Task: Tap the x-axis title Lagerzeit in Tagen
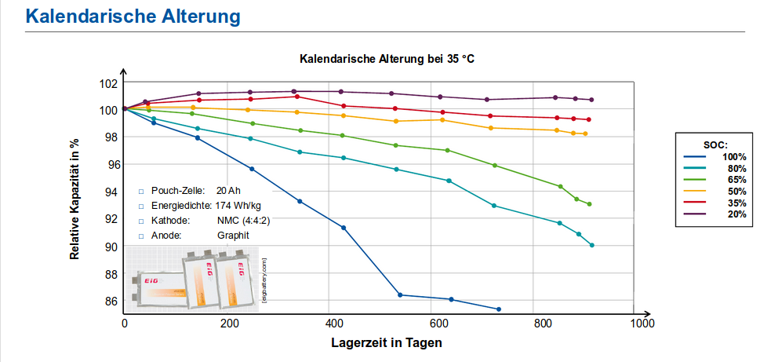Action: click(x=386, y=343)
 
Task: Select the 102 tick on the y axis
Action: click(x=109, y=82)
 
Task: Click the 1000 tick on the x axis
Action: click(x=642, y=324)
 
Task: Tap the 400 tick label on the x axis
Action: click(x=333, y=324)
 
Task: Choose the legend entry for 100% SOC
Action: click(x=734, y=157)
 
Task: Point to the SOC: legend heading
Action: click(x=715, y=145)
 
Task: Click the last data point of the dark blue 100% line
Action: click(x=499, y=309)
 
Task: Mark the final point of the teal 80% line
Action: click(x=592, y=245)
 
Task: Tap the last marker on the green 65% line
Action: click(x=589, y=204)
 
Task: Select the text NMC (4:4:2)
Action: click(x=244, y=220)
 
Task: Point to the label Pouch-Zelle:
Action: click(x=178, y=191)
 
